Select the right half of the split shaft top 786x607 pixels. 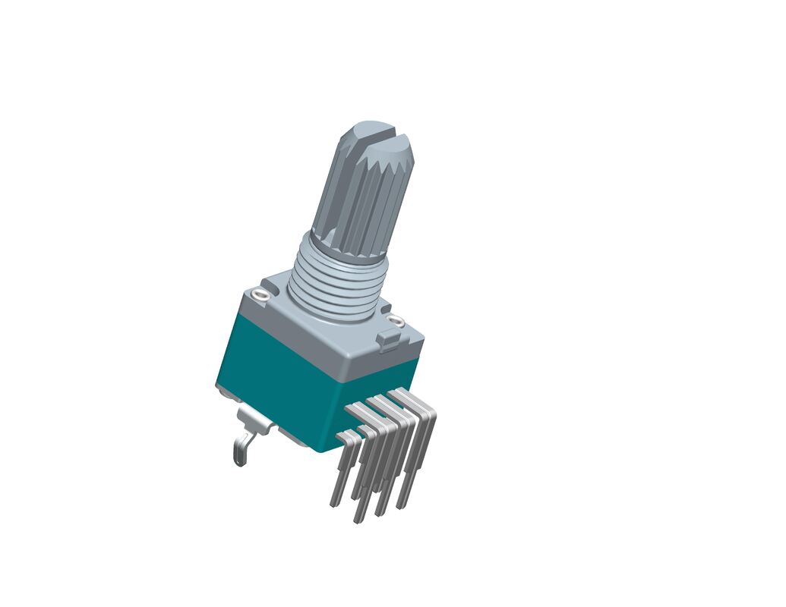point(395,142)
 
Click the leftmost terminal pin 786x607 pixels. point(339,470)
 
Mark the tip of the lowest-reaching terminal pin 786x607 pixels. point(357,520)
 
